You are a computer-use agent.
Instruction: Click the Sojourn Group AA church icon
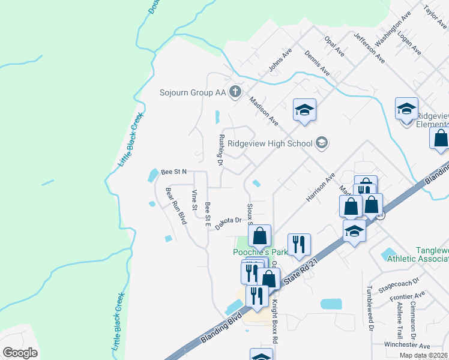click(235, 92)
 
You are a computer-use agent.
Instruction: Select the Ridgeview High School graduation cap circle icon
click(322, 143)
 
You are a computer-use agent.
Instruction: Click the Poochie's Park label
click(259, 253)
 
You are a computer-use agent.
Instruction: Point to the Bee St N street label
click(173, 172)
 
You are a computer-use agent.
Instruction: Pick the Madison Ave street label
click(264, 111)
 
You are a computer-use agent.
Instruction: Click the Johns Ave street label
click(279, 60)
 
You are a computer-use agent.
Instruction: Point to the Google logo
click(20, 352)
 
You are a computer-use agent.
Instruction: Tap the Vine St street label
click(194, 200)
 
